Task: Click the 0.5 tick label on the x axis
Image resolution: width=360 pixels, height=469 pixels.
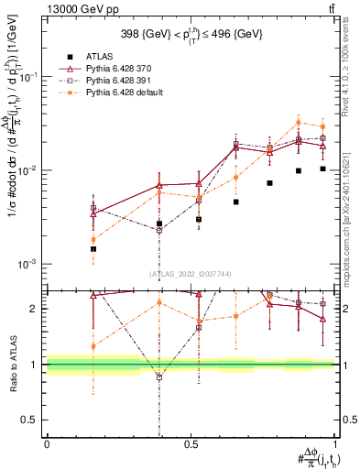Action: (191, 442)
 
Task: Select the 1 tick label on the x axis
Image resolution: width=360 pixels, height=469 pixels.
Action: (334, 442)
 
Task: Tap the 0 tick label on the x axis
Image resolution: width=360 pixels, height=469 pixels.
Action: (47, 442)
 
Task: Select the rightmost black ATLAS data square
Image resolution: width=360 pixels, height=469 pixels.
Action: (322, 169)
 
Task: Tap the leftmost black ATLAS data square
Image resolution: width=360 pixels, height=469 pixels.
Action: (93, 248)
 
